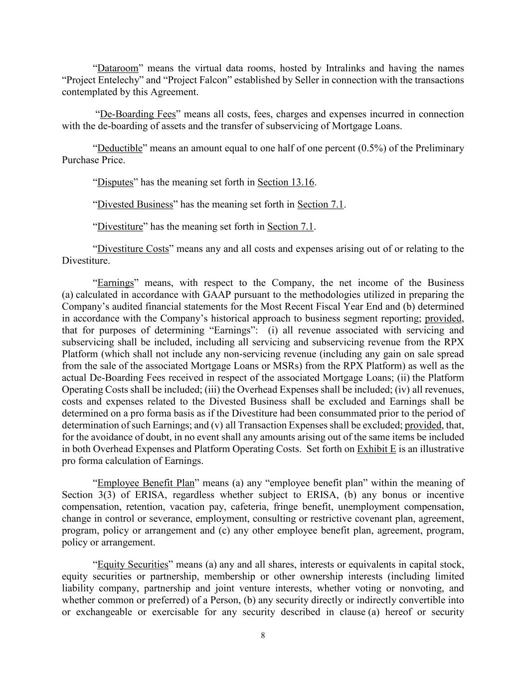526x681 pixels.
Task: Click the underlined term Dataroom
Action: [117, 68]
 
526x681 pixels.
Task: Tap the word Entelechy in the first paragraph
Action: [123, 80]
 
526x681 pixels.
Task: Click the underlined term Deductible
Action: [120, 148]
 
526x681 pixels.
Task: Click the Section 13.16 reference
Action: [286, 182]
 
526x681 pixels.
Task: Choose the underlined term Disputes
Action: [115, 182]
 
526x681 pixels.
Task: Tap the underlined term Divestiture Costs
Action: [133, 248]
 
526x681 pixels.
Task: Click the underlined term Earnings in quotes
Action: [116, 283]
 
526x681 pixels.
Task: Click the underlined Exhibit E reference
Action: [376, 449]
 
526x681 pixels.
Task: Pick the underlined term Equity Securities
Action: [133, 564]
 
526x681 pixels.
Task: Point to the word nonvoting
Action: [419, 588]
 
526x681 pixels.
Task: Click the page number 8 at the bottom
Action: [263, 635]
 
